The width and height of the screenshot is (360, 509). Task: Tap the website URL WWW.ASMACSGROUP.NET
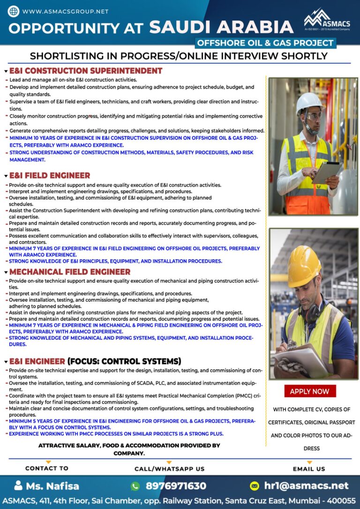coord(65,11)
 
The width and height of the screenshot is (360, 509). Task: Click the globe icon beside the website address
coord(14,11)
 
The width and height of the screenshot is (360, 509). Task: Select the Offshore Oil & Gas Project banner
coord(265,43)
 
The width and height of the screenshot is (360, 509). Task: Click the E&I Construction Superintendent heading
coord(86,71)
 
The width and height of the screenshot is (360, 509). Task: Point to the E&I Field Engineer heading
coord(50,175)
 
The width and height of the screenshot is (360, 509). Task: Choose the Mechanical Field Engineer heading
coord(70,272)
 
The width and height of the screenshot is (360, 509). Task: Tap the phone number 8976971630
coord(176,486)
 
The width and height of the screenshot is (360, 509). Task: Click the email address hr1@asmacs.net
coord(307,486)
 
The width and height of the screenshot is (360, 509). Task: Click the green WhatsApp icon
coord(135,486)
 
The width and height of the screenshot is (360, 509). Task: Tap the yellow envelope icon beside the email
coord(255,486)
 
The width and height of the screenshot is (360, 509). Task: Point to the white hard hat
coord(310,102)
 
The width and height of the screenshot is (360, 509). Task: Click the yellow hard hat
coord(303,265)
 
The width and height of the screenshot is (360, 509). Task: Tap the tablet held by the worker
coord(327,172)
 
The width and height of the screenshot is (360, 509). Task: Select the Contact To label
coord(47,468)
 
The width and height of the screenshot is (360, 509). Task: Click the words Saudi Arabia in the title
coord(221,28)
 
